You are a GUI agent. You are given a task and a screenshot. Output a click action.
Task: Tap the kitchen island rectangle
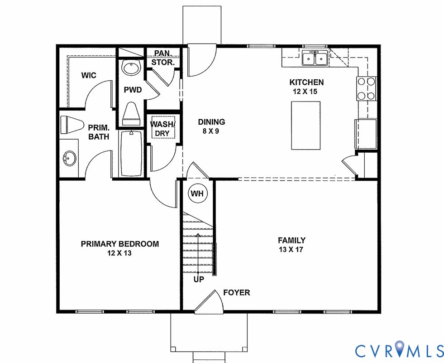[305, 125]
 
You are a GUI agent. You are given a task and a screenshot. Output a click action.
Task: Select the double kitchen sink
[315, 58]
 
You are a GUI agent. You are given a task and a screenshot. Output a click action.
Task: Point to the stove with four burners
[366, 89]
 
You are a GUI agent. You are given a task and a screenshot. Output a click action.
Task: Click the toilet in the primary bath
[72, 124]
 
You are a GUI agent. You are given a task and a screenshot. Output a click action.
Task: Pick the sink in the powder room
[131, 68]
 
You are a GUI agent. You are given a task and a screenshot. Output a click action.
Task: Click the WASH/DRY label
[162, 129]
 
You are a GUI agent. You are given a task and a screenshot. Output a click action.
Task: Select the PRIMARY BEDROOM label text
[119, 244]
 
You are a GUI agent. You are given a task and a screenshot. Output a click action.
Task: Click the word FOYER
[236, 293]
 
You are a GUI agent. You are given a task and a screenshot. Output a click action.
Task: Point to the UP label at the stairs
[198, 280]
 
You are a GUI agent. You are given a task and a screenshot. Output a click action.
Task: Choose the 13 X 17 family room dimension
[291, 250]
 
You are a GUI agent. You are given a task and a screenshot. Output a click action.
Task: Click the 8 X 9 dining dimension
[211, 131]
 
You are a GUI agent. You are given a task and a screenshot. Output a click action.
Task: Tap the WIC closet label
[89, 75]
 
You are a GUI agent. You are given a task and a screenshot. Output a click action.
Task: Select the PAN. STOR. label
[162, 58]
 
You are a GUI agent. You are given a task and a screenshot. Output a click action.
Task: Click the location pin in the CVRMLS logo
[400, 349]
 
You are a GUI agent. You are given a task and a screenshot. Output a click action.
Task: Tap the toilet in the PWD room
[131, 112]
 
